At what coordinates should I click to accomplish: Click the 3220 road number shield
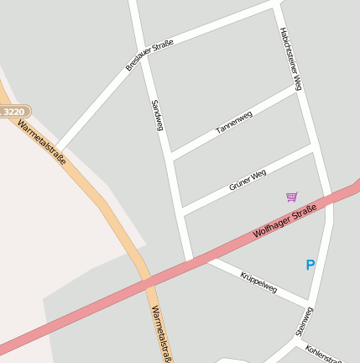coord(14,111)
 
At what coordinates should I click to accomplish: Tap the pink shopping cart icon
coord(291,197)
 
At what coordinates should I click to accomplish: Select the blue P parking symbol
coord(310,265)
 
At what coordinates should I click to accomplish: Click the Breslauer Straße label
coord(149,55)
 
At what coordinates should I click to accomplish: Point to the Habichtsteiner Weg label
coord(290,59)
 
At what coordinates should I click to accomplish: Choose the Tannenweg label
coord(234,123)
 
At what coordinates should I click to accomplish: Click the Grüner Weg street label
coord(248,179)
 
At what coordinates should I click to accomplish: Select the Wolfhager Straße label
coord(285,221)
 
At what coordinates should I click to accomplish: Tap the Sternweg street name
coord(304,322)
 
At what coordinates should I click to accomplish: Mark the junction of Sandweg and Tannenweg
coord(170,156)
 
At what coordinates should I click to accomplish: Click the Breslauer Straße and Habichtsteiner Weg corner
coord(276,5)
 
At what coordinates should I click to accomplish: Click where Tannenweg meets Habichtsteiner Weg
coord(299,89)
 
